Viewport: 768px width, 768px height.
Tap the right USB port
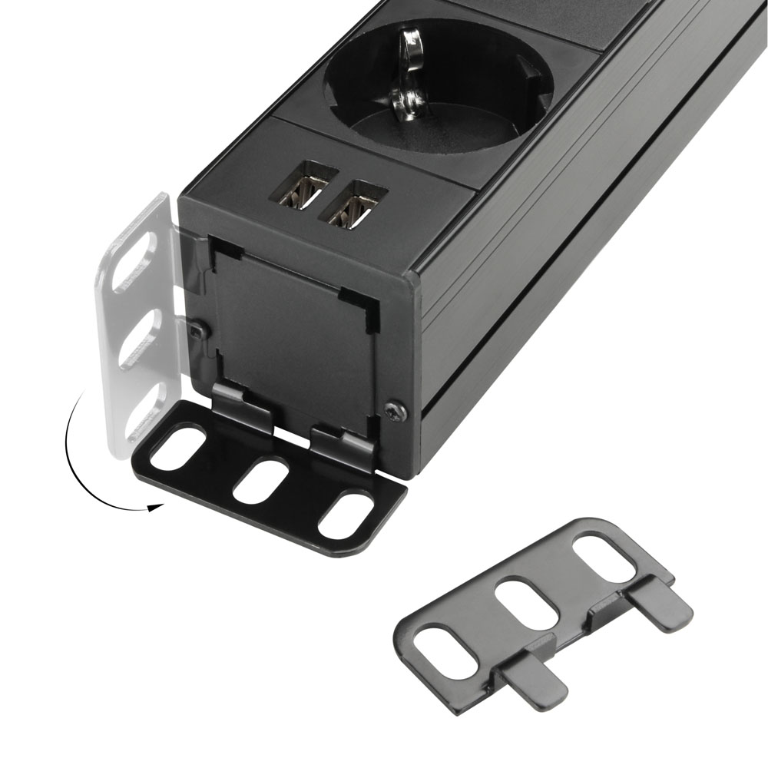pos(356,204)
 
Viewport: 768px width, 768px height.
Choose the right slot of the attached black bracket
pos(346,515)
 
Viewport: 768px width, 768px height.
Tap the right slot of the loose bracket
pos(604,558)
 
